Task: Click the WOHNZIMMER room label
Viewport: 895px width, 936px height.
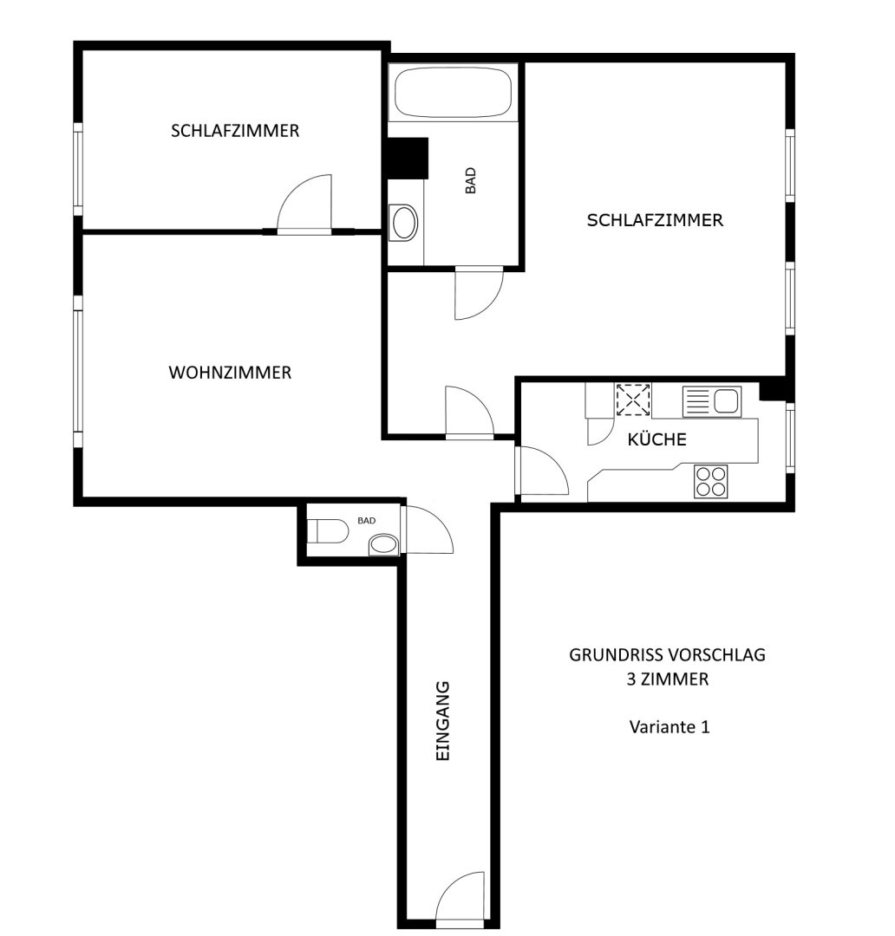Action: pyautogui.click(x=230, y=373)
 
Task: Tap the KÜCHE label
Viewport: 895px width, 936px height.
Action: pyautogui.click(x=657, y=439)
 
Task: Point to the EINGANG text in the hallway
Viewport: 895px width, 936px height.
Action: pyautogui.click(x=442, y=721)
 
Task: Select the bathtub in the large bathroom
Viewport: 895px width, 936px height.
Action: pyautogui.click(x=453, y=93)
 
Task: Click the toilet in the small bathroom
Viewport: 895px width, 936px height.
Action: pyautogui.click(x=328, y=530)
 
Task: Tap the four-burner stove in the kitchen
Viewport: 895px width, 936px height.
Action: pyautogui.click(x=711, y=481)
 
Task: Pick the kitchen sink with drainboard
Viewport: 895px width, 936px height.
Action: pyautogui.click(x=712, y=402)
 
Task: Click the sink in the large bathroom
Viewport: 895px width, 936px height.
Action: pyautogui.click(x=403, y=223)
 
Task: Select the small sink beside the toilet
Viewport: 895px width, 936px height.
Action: pyautogui.click(x=383, y=545)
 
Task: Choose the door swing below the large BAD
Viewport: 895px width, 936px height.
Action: pyautogui.click(x=479, y=295)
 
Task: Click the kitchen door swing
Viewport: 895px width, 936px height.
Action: pyautogui.click(x=541, y=471)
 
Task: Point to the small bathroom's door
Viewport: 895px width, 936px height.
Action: pyautogui.click(x=427, y=530)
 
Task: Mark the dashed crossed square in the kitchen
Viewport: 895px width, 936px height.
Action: pyautogui.click(x=633, y=400)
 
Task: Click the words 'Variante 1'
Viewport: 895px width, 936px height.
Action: pyautogui.click(x=670, y=727)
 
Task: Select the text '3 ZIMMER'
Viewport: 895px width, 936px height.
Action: pyautogui.click(x=668, y=679)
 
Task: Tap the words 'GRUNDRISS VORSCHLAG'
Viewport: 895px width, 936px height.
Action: pyautogui.click(x=667, y=655)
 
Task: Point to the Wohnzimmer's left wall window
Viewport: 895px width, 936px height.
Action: pyautogui.click(x=78, y=371)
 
